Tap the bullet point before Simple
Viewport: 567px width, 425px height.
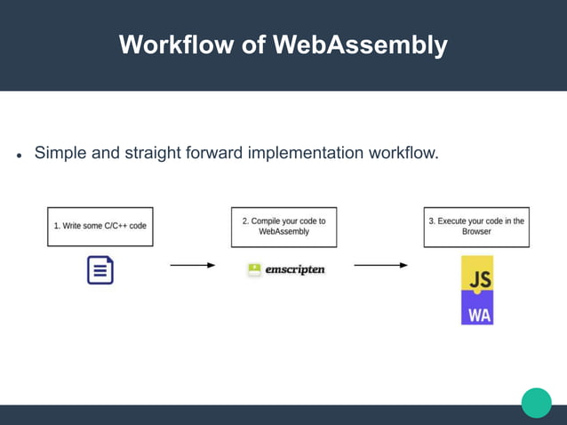19,156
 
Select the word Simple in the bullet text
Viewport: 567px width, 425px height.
61,153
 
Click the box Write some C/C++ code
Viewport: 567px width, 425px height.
100,227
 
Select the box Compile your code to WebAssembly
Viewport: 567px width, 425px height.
283,227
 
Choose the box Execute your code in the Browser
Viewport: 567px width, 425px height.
476,227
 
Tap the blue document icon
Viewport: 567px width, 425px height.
100,269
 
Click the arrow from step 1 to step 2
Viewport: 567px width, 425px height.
192,265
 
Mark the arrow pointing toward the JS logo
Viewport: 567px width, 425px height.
380,265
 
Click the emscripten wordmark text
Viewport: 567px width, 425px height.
295,269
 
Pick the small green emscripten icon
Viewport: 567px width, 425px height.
254,269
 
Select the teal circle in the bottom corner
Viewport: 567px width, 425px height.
536,402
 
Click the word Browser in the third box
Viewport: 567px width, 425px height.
476,232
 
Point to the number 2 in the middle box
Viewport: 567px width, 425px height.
245,221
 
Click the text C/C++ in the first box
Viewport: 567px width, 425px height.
116,226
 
